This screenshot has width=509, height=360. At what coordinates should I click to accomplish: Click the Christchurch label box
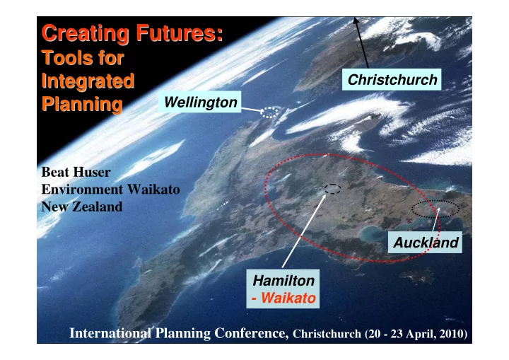click(392, 80)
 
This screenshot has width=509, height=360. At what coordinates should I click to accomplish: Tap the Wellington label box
click(199, 102)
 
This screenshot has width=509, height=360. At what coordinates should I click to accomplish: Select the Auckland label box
click(426, 243)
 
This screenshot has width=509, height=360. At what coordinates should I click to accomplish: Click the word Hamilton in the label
click(283, 280)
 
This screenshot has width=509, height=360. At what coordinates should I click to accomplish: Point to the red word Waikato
click(288, 298)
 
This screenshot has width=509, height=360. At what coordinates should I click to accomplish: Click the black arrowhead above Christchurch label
click(356, 21)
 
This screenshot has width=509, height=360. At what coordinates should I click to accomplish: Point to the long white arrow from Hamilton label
click(304, 231)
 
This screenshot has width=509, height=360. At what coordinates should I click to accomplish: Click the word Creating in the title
click(86, 34)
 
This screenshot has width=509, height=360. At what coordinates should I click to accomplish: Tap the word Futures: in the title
click(180, 33)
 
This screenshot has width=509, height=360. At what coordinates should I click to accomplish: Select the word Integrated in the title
click(88, 81)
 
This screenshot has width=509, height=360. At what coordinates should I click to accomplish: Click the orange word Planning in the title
click(82, 105)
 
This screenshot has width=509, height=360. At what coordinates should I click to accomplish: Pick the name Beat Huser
click(76, 172)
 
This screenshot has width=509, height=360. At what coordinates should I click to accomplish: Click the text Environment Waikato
click(111, 189)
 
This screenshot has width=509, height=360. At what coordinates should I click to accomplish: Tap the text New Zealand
click(82, 207)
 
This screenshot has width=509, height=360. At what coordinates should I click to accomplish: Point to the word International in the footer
click(111, 333)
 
